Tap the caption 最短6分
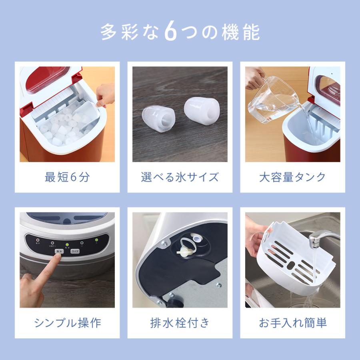(x=67, y=177)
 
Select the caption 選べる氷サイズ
(x=180, y=177)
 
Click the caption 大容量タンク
(x=292, y=177)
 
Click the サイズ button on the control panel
(x=75, y=251)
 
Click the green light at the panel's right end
(x=96, y=241)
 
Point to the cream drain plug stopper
(x=185, y=250)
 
